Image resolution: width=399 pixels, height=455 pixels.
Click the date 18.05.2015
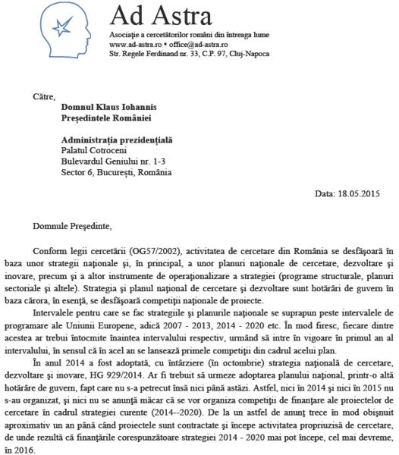pyautogui.click(x=359, y=194)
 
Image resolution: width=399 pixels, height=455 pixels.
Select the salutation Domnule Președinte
pyautogui.click(x=72, y=225)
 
